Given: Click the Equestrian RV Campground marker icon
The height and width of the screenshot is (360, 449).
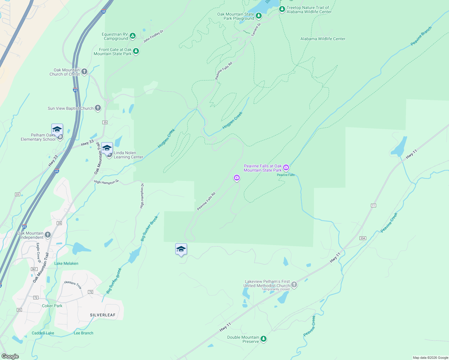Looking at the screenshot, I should click(133, 36).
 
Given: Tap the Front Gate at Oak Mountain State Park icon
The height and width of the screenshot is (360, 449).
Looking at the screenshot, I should click(136, 51).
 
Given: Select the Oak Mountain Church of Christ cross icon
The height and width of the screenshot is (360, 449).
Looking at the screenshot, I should click(84, 71).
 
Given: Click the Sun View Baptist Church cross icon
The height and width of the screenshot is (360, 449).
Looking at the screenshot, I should click(98, 108).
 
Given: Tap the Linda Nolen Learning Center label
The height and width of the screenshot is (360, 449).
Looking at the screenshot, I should click(128, 155).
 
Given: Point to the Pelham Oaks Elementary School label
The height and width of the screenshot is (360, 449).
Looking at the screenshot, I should click(38, 137).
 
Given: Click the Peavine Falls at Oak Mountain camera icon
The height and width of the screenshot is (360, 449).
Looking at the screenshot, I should click(286, 167).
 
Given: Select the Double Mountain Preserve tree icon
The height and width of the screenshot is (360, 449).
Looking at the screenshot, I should click(264, 339).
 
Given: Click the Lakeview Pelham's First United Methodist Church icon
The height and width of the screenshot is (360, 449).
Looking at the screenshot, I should click(294, 284).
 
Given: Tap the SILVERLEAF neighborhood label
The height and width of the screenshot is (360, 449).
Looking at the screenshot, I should click(103, 315).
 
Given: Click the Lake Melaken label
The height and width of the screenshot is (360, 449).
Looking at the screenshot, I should click(66, 263).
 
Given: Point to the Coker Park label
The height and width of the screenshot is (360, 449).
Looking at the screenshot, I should click(52, 306).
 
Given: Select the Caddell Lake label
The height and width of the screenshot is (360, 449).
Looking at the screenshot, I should click(43, 333).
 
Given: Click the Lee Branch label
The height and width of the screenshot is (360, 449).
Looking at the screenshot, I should click(83, 333).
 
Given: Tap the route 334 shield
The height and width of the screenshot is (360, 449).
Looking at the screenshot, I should click(363, 238).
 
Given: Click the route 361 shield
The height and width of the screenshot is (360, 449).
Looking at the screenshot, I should click(34, 269).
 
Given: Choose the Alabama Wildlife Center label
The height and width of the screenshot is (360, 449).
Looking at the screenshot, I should click(323, 39).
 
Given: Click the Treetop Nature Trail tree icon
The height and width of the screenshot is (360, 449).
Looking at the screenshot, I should click(282, 9).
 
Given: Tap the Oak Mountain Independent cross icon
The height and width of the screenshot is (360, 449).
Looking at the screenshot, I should click(48, 235).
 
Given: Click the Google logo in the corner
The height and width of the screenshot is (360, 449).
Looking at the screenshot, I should click(10, 356).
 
